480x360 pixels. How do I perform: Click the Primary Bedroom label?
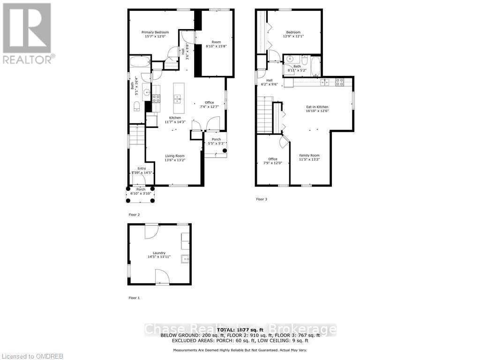(155, 34)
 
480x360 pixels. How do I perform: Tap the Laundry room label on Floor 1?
(159, 255)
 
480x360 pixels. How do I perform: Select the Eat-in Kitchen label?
(317, 109)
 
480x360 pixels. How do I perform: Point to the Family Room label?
(309, 157)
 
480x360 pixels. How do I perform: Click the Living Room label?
(174, 158)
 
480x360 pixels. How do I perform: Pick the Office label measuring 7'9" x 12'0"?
(273, 161)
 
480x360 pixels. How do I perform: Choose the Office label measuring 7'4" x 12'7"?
(209, 105)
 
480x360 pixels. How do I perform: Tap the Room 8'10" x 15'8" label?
(216, 44)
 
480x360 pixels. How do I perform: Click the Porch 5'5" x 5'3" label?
(216, 141)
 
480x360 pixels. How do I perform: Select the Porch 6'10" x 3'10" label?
(141, 191)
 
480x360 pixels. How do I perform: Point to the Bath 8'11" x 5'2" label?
(297, 68)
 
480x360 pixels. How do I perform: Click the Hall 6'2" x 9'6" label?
(270, 82)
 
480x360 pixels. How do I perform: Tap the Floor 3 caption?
(261, 199)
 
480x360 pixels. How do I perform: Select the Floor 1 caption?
(134, 298)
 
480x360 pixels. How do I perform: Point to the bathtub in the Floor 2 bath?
(140, 63)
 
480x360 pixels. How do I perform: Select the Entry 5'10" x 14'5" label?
(142, 171)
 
